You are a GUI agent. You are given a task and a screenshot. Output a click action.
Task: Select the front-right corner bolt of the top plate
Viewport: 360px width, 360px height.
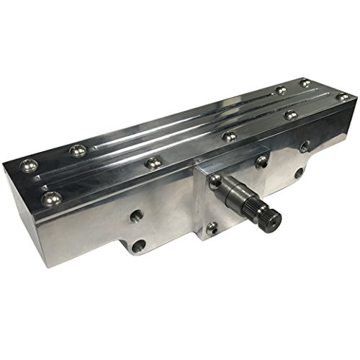(343, 96)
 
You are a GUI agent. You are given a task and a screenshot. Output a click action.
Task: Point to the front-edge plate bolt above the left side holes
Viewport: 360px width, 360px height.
(151, 163)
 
